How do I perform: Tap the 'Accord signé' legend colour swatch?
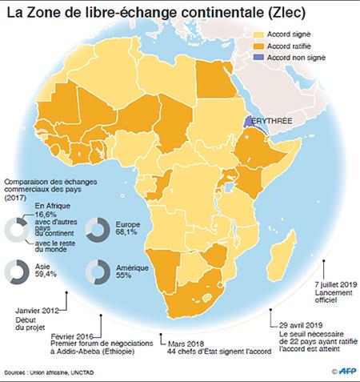point(256,35)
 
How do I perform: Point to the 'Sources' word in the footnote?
point(17,372)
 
